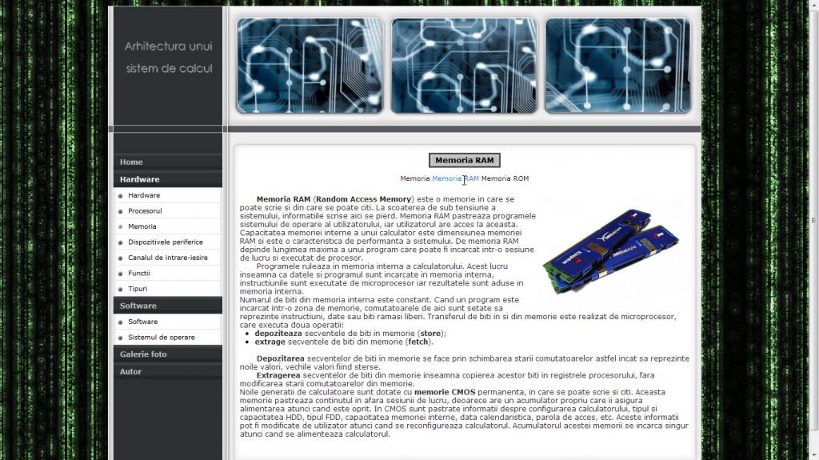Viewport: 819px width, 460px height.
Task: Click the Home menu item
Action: click(131, 162)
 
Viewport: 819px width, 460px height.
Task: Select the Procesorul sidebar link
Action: click(145, 211)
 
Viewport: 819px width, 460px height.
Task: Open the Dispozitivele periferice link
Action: click(165, 242)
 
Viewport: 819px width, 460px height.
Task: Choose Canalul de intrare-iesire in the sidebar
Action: click(168, 258)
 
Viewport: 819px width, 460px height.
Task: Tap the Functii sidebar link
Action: click(139, 274)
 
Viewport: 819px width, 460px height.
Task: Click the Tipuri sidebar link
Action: click(138, 289)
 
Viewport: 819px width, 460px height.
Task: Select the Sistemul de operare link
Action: click(162, 338)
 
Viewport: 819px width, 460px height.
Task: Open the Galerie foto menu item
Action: click(143, 354)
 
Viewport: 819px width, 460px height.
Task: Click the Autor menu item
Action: click(130, 372)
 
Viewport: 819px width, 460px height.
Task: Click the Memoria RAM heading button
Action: click(465, 161)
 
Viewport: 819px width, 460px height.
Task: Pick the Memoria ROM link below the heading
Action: click(505, 178)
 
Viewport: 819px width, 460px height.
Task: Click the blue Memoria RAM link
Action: click(455, 178)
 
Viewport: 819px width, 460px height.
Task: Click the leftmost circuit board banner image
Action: click(310, 66)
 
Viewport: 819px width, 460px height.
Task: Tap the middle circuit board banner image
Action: click(464, 66)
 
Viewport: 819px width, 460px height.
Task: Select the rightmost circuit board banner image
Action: click(618, 66)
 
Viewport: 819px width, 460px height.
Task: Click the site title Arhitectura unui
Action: click(168, 46)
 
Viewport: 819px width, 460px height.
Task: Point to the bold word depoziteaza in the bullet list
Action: click(278, 334)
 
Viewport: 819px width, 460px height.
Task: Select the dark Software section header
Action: click(138, 306)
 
